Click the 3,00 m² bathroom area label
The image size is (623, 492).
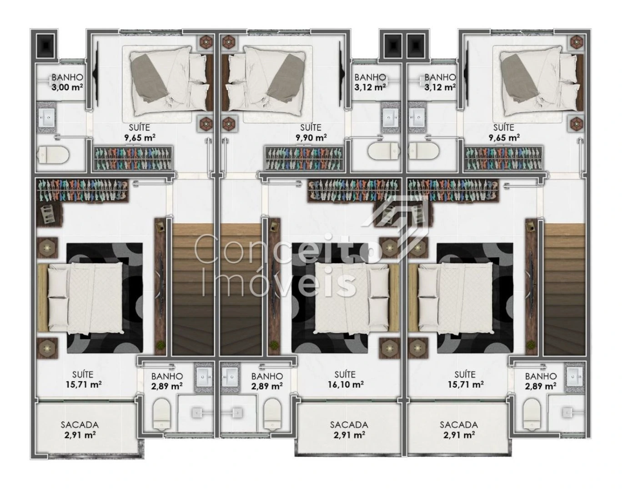[67, 87]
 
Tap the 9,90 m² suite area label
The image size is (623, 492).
[311, 137]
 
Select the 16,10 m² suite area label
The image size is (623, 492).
[345, 384]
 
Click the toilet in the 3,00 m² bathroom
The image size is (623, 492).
[54, 154]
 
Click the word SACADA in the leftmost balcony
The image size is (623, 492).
[80, 425]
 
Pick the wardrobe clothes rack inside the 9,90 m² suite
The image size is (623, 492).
[304, 158]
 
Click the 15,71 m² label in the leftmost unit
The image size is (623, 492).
[83, 384]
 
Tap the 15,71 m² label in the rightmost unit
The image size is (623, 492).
[466, 384]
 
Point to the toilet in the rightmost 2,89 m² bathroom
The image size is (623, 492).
[532, 414]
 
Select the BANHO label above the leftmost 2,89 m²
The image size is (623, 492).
[167, 376]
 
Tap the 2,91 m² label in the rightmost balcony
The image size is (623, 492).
[459, 435]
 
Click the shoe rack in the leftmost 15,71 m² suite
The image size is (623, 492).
[50, 215]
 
